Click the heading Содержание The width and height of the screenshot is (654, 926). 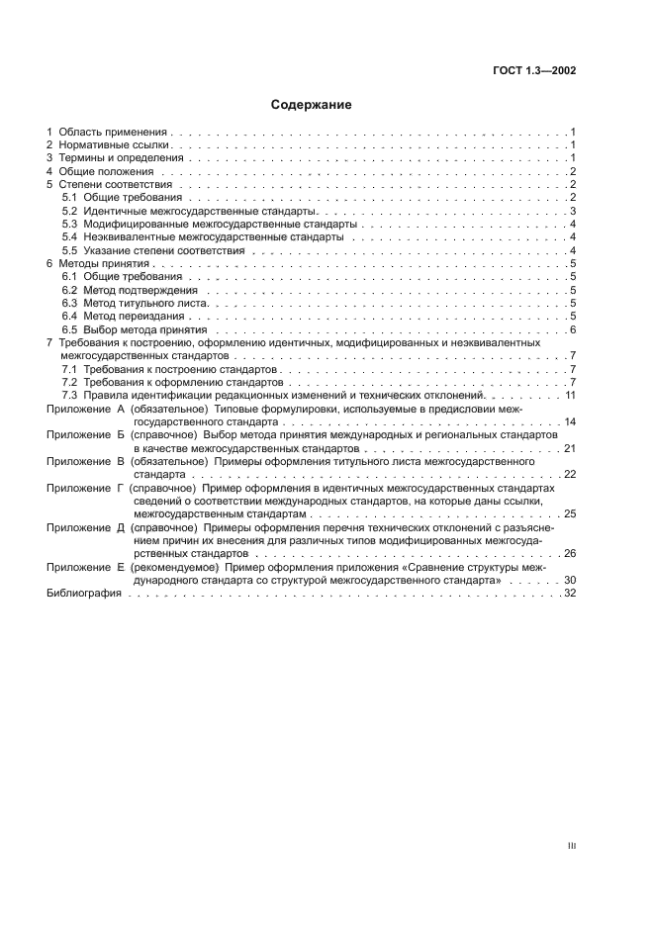click(312, 103)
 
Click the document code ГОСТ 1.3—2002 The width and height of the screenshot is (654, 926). click(534, 70)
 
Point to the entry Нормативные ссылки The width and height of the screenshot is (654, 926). click(111, 145)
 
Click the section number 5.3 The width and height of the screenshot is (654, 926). click(69, 225)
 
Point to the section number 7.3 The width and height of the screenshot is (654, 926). click(69, 395)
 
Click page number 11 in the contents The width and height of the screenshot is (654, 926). click(571, 395)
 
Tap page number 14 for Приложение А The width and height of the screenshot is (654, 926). click(571, 421)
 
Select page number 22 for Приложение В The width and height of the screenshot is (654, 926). click(571, 475)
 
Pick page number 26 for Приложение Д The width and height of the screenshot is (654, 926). click(571, 553)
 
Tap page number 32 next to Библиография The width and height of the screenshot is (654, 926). click(571, 593)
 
